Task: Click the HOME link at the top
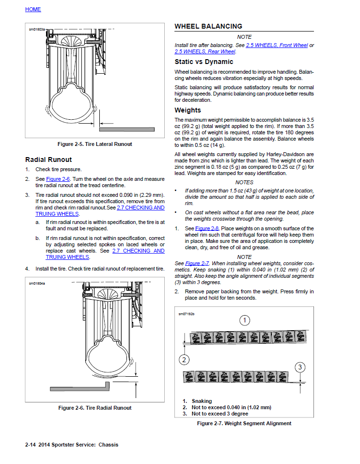coord(33,9)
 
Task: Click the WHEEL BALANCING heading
coord(208,26)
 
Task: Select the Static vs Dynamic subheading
coord(203,62)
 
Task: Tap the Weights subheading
coord(188,110)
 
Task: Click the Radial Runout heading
coord(48,160)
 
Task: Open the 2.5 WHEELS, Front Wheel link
coord(277,45)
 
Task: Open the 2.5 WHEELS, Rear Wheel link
coord(205,51)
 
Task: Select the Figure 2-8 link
coord(207,228)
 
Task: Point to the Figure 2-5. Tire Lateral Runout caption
coord(94,144)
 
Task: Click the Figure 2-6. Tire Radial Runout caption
coord(94,408)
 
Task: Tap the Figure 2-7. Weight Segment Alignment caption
coord(244,423)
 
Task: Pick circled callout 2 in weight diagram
coord(184,359)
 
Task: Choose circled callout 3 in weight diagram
coord(300,367)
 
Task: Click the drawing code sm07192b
coord(186,314)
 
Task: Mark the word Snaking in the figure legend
coord(202,401)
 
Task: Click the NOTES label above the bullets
coord(244,182)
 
